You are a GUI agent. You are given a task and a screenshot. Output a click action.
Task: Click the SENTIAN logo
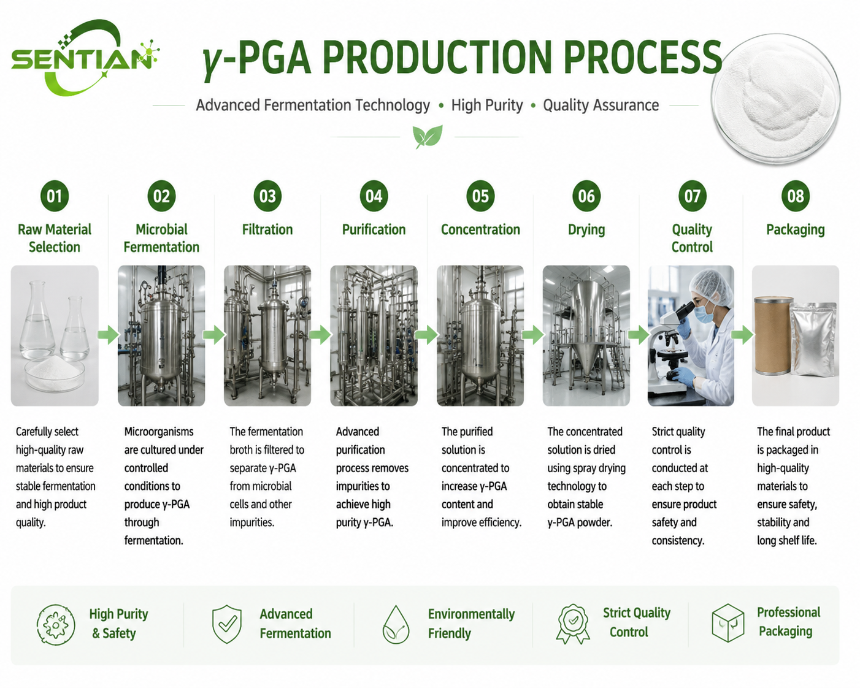[x=85, y=58]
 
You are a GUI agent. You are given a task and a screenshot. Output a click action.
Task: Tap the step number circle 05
[x=480, y=196]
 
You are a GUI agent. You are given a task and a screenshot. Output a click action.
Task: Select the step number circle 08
[x=795, y=196]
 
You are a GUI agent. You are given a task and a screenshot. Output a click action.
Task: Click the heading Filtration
[x=267, y=230]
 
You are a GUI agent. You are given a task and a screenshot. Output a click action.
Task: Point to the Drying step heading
[x=586, y=230]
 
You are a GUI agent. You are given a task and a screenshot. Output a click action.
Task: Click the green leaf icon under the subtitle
[x=428, y=136]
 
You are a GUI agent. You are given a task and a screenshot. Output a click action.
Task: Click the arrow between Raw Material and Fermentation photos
[x=109, y=334]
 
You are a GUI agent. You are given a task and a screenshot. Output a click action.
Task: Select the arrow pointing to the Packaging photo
[x=742, y=334]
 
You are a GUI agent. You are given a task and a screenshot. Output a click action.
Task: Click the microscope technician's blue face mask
[x=704, y=313]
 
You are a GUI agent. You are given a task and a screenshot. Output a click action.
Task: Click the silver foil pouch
[x=813, y=339]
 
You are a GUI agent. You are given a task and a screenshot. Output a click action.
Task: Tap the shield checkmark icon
[x=226, y=624]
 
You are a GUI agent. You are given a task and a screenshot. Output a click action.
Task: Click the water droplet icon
[x=396, y=624]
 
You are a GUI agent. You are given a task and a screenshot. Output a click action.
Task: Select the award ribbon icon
[x=573, y=624]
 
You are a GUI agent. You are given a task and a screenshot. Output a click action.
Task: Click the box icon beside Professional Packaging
[x=728, y=623]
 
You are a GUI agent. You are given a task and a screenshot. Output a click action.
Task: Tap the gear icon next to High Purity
[x=56, y=624]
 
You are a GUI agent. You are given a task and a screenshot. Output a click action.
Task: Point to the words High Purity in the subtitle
[x=487, y=105]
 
